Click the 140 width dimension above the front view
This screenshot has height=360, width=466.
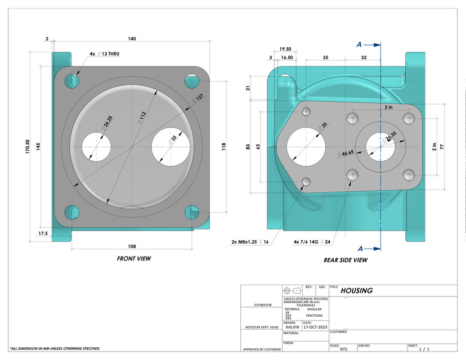point(132,39)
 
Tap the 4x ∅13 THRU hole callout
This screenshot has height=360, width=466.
point(104,54)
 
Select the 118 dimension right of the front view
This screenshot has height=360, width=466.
point(223,146)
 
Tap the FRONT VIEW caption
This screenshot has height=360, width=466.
point(133,259)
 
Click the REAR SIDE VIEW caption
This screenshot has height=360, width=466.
point(345,260)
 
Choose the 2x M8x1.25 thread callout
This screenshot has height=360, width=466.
point(252,242)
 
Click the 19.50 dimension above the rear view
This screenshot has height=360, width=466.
point(285,49)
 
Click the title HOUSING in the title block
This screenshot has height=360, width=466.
point(356,291)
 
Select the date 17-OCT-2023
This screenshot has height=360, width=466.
point(315,327)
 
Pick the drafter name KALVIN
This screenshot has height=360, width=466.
point(292,327)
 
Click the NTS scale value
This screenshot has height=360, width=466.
point(343,349)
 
